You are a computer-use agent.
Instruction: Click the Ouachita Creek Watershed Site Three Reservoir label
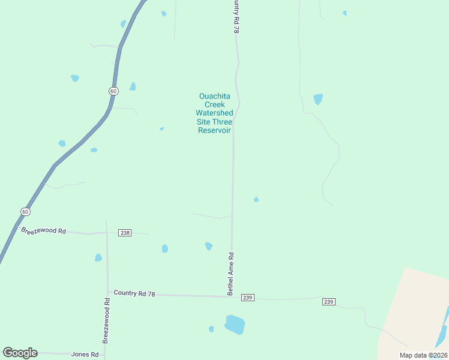pyautogui.click(x=214, y=113)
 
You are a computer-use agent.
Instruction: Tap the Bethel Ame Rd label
pyautogui.click(x=230, y=274)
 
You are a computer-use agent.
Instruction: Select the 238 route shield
pyautogui.click(x=125, y=233)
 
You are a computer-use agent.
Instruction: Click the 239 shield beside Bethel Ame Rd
pyautogui.click(x=248, y=298)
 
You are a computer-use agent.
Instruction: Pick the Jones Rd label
pyautogui.click(x=85, y=355)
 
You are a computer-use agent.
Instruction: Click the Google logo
pyautogui.click(x=20, y=353)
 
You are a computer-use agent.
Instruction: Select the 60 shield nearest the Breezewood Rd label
pyautogui.click(x=25, y=212)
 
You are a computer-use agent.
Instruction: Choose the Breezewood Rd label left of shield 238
pyautogui.click(x=43, y=230)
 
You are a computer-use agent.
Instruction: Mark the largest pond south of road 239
pyautogui.click(x=235, y=325)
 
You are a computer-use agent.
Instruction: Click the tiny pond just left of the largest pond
pyautogui.click(x=211, y=329)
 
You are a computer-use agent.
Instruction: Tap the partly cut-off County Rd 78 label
pyautogui.click(x=237, y=17)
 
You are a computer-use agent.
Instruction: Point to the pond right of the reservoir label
pyautogui.click(x=318, y=99)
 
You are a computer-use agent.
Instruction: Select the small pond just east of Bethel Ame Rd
pyautogui.click(x=256, y=199)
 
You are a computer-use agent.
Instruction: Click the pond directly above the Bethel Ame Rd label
pyautogui.click(x=208, y=246)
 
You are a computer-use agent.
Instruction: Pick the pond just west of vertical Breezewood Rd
pyautogui.click(x=98, y=258)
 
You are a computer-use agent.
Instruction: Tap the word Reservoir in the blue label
pyautogui.click(x=215, y=131)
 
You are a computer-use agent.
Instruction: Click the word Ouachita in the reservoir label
pyautogui.click(x=215, y=96)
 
